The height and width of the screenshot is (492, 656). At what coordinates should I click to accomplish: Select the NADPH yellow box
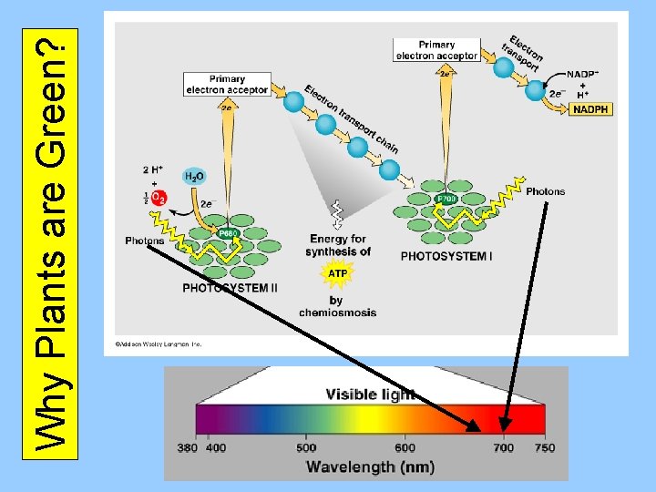tap(590, 109)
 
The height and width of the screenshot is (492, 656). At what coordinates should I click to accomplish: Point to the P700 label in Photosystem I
tap(446, 198)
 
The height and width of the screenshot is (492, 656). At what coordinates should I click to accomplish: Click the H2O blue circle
tap(194, 176)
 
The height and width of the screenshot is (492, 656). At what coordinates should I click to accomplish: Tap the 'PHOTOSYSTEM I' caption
tap(446, 256)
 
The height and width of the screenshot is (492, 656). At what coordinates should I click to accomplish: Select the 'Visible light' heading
tap(370, 395)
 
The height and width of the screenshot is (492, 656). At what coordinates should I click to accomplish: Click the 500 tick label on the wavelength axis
tap(306, 447)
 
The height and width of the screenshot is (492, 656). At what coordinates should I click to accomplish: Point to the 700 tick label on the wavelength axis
tap(504, 447)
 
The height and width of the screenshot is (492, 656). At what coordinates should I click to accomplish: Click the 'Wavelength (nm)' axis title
tap(370, 466)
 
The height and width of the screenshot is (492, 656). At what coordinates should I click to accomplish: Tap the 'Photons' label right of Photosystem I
tap(545, 191)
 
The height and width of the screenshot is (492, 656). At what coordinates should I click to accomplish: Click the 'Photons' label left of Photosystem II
tap(145, 241)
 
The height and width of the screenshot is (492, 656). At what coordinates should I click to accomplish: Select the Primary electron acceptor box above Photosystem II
tap(227, 85)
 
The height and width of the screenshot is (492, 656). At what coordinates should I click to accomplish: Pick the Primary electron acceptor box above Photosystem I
tap(436, 50)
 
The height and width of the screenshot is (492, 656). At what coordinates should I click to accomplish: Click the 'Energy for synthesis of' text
tap(338, 245)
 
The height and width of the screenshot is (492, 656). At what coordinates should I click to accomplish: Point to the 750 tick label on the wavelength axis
tap(544, 447)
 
